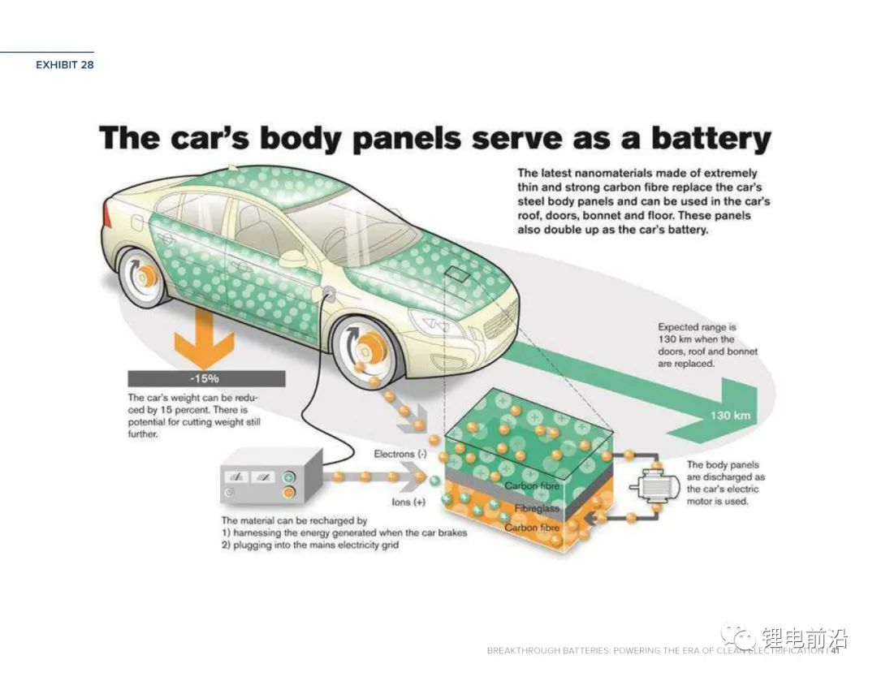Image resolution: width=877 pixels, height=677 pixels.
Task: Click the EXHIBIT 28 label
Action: pos(64,65)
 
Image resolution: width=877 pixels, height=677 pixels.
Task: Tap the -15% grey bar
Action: pos(206,379)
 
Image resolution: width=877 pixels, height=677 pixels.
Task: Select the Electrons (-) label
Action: pos(400,455)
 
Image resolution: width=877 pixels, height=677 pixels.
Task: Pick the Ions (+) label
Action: pos(408,502)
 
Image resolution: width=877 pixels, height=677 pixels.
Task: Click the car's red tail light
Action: pos(108,214)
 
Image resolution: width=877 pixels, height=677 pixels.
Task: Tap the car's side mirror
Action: pos(292,258)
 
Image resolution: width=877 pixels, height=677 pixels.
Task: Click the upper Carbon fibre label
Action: pos(531,486)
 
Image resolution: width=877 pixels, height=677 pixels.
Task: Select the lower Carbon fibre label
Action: pos(531,528)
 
